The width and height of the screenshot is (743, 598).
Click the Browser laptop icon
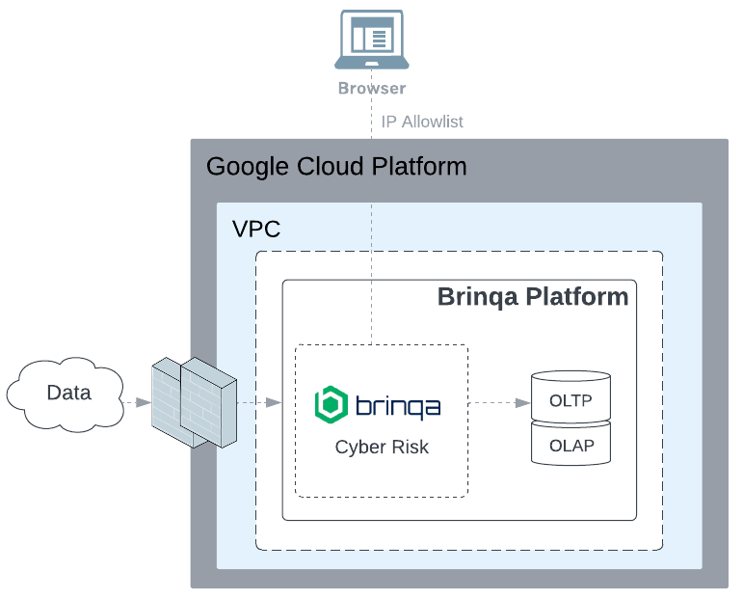click(371, 40)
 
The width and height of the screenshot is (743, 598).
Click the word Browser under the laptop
click(371, 89)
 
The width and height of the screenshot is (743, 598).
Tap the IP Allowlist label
click(422, 122)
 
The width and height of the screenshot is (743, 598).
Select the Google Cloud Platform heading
click(336, 167)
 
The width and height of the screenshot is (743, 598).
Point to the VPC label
click(256, 230)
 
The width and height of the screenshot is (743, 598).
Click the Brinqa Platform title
click(533, 296)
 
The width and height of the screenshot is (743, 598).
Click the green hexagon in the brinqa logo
click(332, 404)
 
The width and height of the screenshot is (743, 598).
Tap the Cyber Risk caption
click(382, 447)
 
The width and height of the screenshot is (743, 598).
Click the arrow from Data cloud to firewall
click(136, 401)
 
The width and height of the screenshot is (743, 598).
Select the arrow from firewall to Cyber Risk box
click(258, 401)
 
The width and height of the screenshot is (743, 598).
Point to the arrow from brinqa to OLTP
click(499, 401)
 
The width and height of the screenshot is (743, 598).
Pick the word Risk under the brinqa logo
click(410, 447)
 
